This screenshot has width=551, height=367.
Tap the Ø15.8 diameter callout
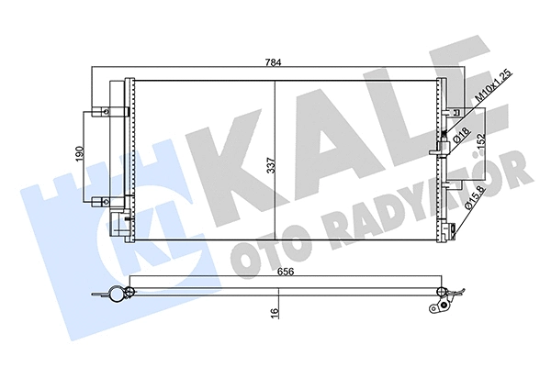click(479, 197)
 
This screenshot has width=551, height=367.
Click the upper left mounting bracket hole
click(107, 114)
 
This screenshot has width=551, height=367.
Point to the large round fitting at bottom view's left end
click(116, 295)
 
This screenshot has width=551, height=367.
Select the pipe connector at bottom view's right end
click(446, 297)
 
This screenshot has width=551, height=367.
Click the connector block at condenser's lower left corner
click(118, 221)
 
